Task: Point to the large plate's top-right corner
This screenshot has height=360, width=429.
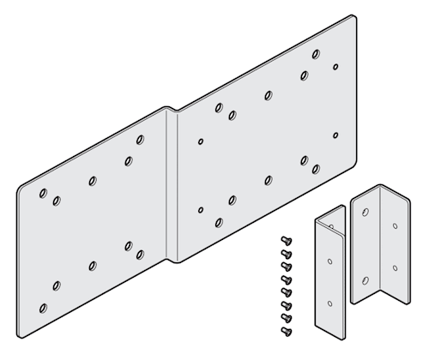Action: tap(353, 16)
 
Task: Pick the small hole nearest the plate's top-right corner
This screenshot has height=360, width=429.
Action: tap(336, 66)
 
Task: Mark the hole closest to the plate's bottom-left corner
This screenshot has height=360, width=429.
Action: tap(43, 306)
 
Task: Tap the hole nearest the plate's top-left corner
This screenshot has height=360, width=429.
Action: tap(43, 194)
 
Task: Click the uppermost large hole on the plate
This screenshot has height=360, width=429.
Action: tap(317, 54)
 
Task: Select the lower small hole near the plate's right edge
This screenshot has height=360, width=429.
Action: tap(336, 135)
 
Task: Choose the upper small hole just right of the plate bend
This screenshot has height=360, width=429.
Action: tap(201, 141)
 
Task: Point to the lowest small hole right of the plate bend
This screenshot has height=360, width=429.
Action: tap(201, 209)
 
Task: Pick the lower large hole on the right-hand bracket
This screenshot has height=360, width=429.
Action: tap(365, 279)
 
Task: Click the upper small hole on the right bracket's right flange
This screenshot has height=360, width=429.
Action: tap(395, 228)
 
